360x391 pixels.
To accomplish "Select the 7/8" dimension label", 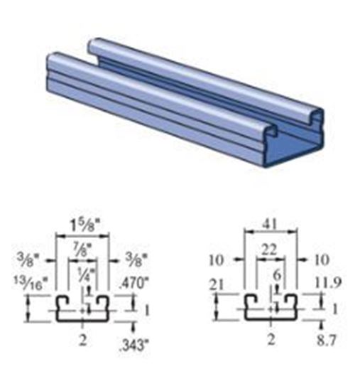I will (x=84, y=247).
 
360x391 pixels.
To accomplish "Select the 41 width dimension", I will (x=271, y=223).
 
